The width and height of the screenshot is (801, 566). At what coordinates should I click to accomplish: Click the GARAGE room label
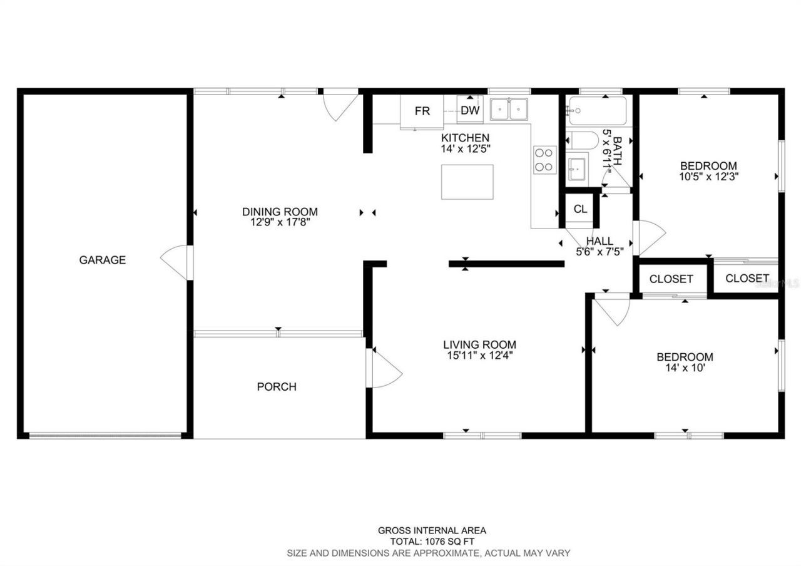click(102, 260)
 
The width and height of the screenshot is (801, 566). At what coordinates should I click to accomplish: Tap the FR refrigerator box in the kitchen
click(422, 111)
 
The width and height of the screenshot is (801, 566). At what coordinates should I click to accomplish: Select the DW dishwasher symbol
click(470, 111)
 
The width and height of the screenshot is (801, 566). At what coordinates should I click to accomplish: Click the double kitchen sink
click(509, 110)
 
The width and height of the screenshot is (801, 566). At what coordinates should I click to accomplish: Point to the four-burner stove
click(544, 159)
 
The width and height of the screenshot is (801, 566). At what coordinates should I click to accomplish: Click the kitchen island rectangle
click(467, 182)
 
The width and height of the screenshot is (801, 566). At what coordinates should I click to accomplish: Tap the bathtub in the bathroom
click(596, 111)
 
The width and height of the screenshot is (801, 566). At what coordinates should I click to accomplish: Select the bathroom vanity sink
click(577, 168)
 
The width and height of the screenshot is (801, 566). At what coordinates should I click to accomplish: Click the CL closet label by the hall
click(580, 209)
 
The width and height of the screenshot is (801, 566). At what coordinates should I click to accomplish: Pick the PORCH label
click(277, 387)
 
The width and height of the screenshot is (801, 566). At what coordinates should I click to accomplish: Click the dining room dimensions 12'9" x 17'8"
click(280, 222)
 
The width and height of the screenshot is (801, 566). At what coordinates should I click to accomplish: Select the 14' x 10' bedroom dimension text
click(685, 368)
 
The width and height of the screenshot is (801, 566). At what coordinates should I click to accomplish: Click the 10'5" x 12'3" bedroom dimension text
click(708, 177)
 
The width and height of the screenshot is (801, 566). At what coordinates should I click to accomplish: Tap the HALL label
click(599, 241)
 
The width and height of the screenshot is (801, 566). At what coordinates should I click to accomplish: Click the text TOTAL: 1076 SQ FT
click(432, 542)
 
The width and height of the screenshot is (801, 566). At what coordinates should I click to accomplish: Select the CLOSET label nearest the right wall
click(747, 278)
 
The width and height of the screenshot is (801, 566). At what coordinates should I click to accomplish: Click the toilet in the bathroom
click(579, 140)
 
